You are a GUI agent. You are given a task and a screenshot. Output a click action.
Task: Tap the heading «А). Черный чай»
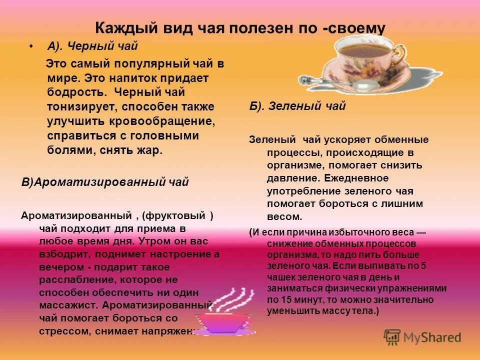click(x=92, y=46)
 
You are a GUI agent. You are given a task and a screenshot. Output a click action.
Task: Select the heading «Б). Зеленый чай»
click(x=297, y=106)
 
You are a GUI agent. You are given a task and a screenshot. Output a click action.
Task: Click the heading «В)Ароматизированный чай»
click(x=105, y=182)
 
